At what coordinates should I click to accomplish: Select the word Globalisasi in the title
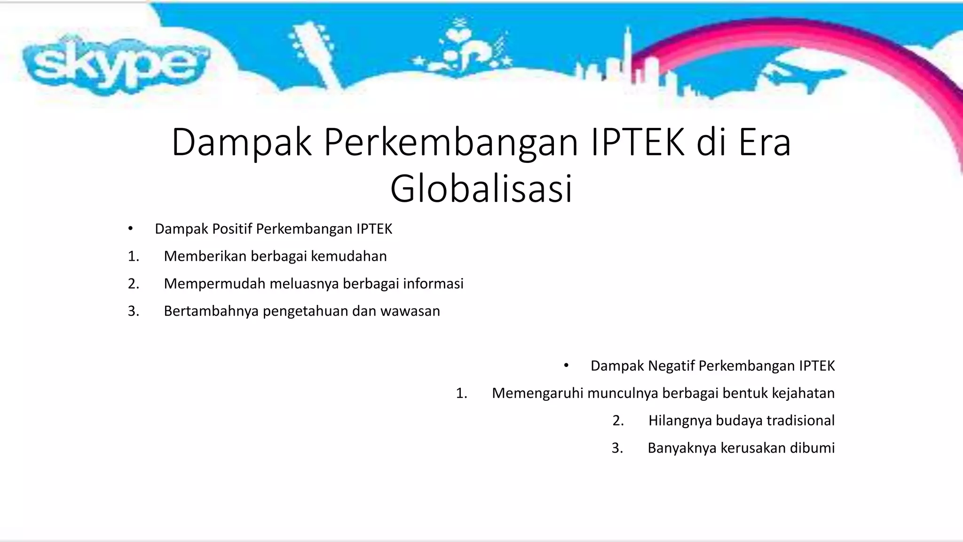pyautogui.click(x=481, y=188)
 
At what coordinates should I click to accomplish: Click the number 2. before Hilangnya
pyautogui.click(x=618, y=421)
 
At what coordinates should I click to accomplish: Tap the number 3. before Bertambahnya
pyautogui.click(x=134, y=311)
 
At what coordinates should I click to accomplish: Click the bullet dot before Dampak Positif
pyautogui.click(x=130, y=229)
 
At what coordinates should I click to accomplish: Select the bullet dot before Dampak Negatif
pyautogui.click(x=566, y=366)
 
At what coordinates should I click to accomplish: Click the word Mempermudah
pyautogui.click(x=214, y=284)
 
